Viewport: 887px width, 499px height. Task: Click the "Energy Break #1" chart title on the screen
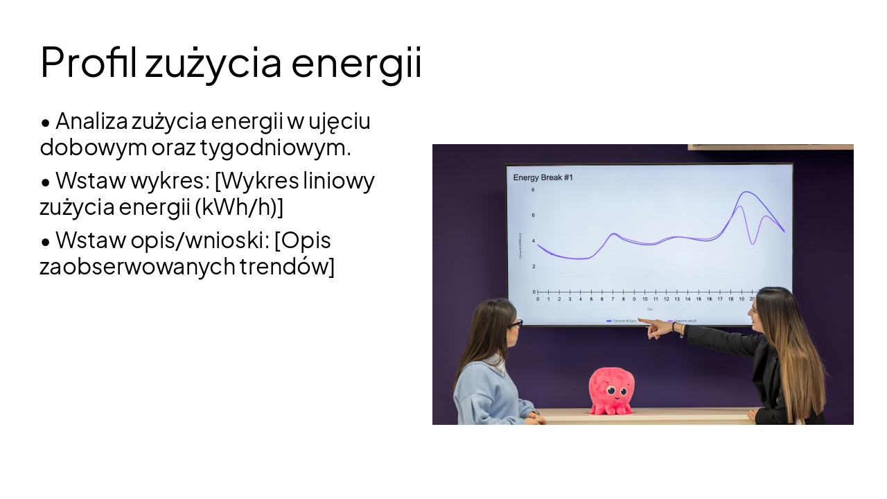click(543, 178)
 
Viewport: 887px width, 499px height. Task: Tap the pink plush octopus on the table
click(611, 392)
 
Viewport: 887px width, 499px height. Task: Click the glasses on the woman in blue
click(514, 324)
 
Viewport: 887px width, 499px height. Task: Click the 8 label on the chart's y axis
click(533, 190)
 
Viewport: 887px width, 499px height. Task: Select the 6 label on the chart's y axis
click(533, 216)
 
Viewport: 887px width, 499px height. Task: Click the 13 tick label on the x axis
click(677, 299)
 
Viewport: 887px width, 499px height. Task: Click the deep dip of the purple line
click(753, 243)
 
